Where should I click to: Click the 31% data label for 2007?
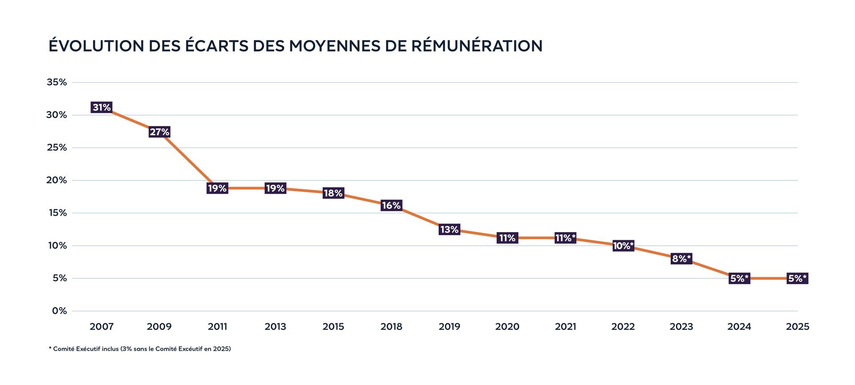(102, 107)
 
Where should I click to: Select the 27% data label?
(159, 132)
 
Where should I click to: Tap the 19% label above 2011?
(217, 188)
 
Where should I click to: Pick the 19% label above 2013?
(275, 188)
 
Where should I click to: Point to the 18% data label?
(333, 193)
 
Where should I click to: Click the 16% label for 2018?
(391, 205)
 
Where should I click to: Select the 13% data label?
(449, 229)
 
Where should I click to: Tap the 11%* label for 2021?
(566, 238)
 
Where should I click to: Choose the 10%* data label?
(623, 246)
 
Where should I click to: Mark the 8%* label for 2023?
(681, 258)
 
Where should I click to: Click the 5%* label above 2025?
(797, 278)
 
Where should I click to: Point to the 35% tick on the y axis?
(57, 82)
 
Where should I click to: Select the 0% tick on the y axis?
(59, 311)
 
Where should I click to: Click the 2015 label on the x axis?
(333, 327)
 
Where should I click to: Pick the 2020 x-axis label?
(507, 327)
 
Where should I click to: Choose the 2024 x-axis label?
(739, 327)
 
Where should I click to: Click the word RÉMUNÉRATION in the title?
(476, 46)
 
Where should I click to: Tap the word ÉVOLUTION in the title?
(96, 46)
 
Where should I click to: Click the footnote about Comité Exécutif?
(140, 349)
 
